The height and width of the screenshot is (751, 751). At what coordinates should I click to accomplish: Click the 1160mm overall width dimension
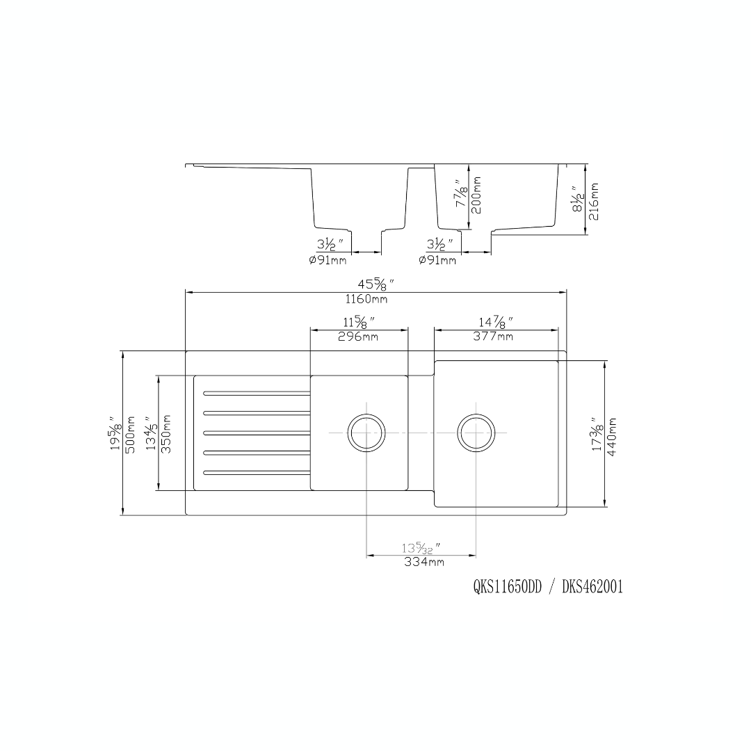pyautogui.click(x=366, y=300)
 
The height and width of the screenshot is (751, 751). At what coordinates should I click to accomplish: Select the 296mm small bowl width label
pyautogui.click(x=359, y=337)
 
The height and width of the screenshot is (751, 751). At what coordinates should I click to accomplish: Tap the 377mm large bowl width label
pyautogui.click(x=494, y=337)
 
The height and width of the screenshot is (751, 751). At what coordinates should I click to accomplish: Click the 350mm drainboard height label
pyautogui.click(x=166, y=433)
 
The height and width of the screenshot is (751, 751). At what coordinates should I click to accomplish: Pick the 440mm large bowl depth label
pyautogui.click(x=612, y=436)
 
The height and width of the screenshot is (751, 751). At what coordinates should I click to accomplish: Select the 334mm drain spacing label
pyautogui.click(x=423, y=563)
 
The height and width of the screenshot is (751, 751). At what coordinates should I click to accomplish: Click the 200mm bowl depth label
pyautogui.click(x=476, y=195)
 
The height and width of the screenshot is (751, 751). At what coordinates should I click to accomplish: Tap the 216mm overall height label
pyautogui.click(x=593, y=201)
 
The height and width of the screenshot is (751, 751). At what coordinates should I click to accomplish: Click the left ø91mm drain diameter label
pyautogui.click(x=327, y=261)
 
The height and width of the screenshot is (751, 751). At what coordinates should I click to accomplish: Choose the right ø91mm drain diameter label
pyautogui.click(x=437, y=261)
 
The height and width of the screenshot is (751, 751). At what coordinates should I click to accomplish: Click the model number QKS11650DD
pyautogui.click(x=507, y=588)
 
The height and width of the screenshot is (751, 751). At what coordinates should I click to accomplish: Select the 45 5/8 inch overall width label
pyautogui.click(x=376, y=284)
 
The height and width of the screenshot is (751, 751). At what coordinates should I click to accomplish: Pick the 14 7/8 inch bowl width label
pyautogui.click(x=495, y=323)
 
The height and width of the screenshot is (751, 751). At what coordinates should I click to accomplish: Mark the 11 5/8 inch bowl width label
pyautogui.click(x=359, y=323)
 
